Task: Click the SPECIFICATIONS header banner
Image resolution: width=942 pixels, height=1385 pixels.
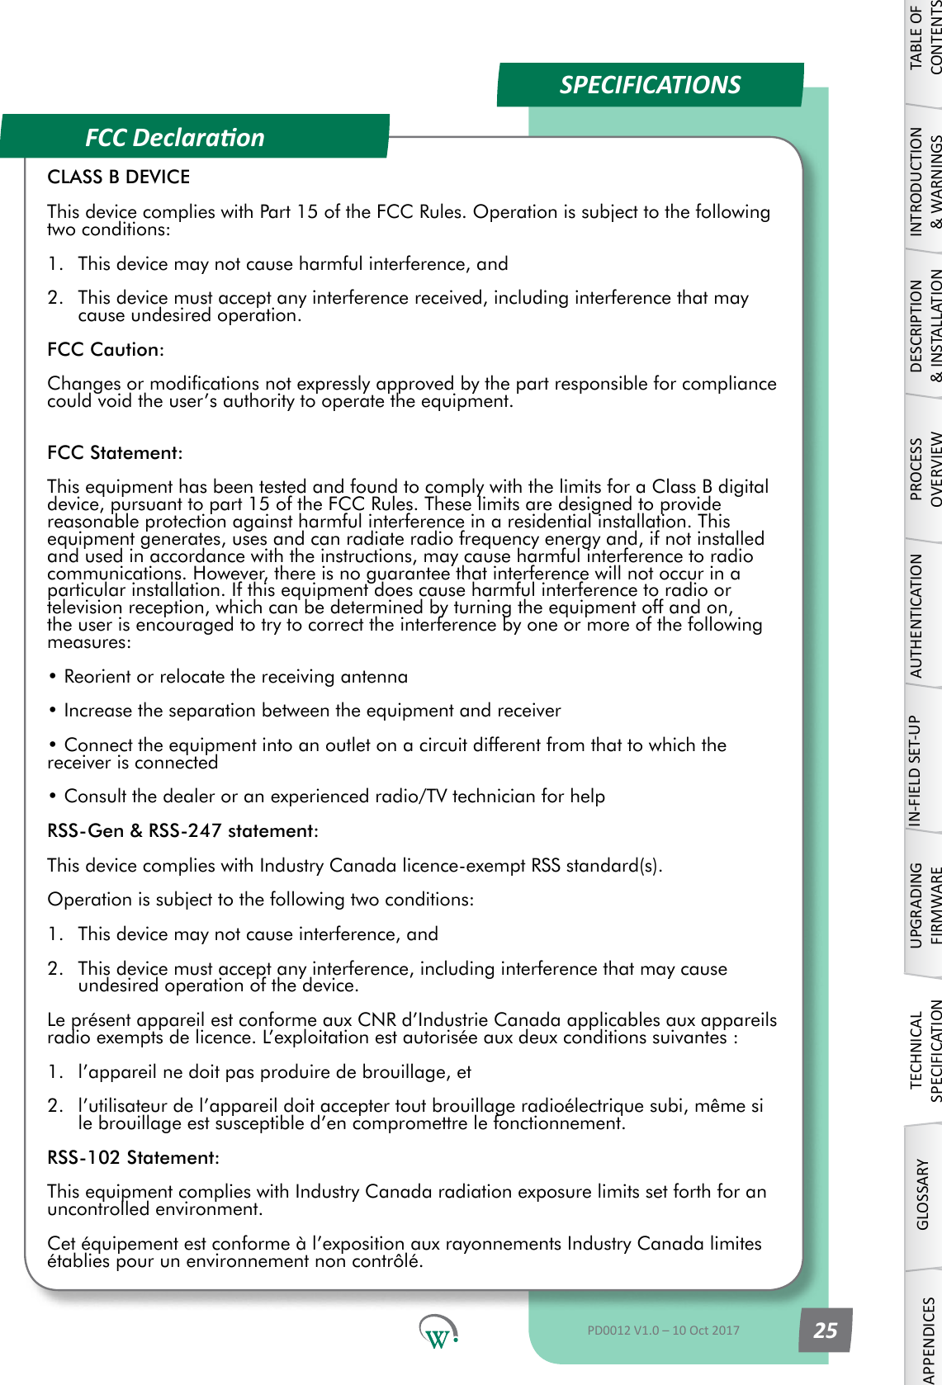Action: click(650, 85)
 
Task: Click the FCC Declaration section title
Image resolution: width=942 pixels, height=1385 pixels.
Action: click(175, 137)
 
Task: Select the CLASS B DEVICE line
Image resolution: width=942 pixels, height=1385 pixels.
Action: click(119, 177)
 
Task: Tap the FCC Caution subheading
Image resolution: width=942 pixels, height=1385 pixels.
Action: click(105, 349)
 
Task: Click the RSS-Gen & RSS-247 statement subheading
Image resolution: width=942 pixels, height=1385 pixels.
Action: click(182, 830)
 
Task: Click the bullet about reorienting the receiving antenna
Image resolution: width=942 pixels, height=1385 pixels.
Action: click(235, 676)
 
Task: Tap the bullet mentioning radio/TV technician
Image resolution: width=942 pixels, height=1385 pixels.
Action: click(334, 796)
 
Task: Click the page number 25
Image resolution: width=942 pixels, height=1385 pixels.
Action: click(825, 1330)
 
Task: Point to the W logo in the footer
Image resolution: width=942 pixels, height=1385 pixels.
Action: click(438, 1331)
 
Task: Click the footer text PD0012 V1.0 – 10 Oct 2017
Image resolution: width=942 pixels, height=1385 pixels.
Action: click(663, 1330)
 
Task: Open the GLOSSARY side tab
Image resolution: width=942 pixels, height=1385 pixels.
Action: click(924, 1194)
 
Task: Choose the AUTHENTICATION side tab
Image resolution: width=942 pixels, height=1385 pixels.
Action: click(916, 615)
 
